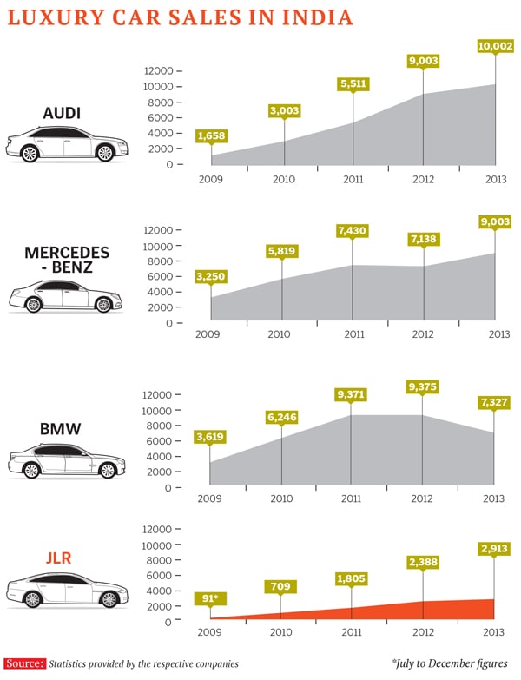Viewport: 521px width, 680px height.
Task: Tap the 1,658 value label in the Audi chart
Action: pyautogui.click(x=212, y=135)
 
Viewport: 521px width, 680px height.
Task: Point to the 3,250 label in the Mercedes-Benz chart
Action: pyautogui.click(x=212, y=279)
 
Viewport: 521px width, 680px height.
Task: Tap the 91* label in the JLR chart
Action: pyautogui.click(x=211, y=597)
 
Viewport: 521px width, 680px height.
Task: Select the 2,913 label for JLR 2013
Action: pyautogui.click(x=495, y=549)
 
